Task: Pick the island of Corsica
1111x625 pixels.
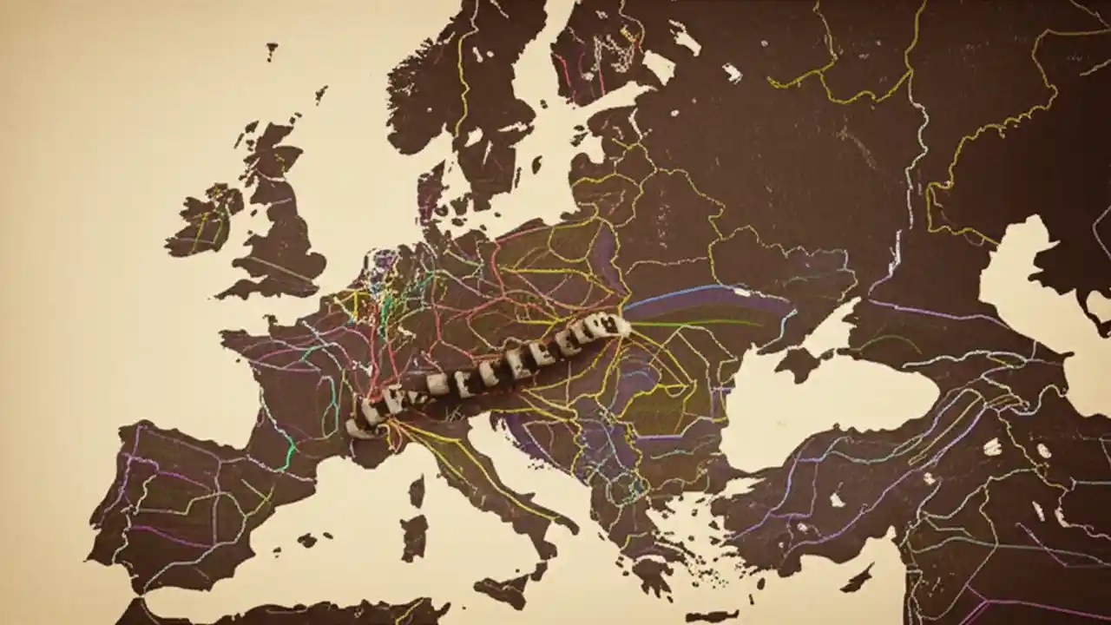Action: [x=417, y=491]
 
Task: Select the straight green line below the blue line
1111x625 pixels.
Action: [x=694, y=325]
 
